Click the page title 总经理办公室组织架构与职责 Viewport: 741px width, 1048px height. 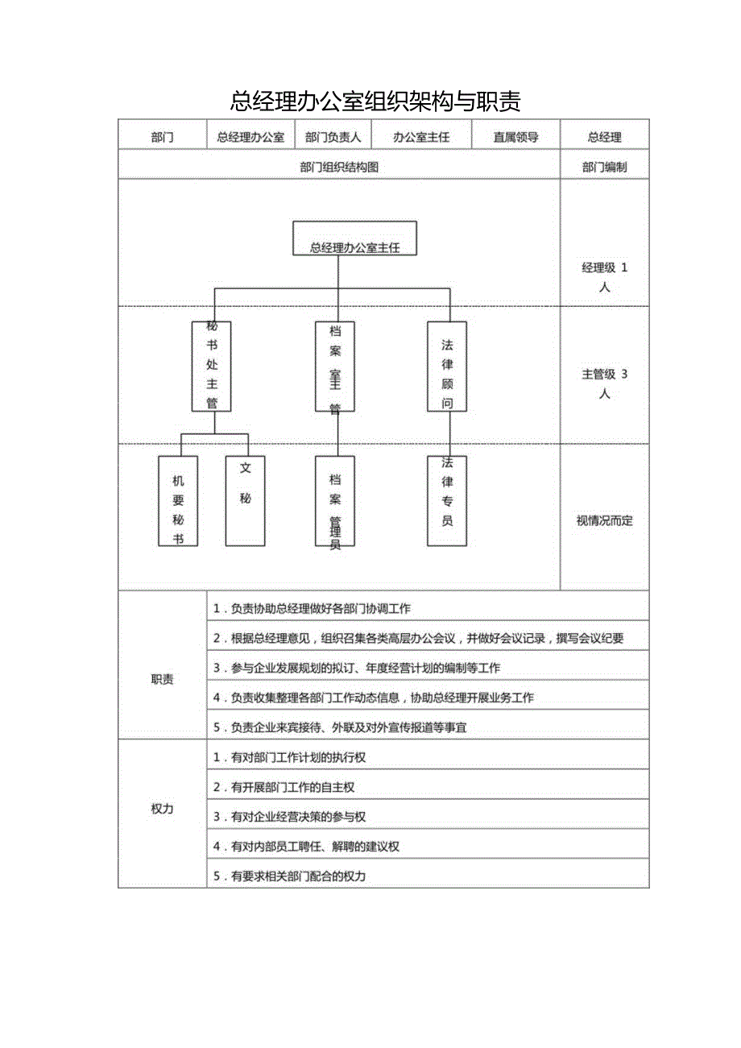375,101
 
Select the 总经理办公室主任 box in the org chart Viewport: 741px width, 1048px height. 354,238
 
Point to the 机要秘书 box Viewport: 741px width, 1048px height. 178,500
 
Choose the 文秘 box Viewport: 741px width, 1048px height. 245,500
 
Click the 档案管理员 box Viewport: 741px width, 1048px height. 335,500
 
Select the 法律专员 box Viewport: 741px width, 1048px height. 447,500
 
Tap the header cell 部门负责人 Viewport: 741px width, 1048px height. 333,137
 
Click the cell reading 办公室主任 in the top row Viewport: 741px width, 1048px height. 421,137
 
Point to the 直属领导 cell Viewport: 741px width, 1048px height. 515,137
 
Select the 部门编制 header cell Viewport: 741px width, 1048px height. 604,168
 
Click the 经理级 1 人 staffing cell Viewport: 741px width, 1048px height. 604,277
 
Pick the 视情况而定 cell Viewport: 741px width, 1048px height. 604,520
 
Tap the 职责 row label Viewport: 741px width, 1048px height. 162,679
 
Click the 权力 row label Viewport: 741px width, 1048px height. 162,809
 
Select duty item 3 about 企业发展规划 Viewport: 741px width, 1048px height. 365,668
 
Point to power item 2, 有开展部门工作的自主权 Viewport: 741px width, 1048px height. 293,787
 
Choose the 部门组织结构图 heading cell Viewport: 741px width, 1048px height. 338,168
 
